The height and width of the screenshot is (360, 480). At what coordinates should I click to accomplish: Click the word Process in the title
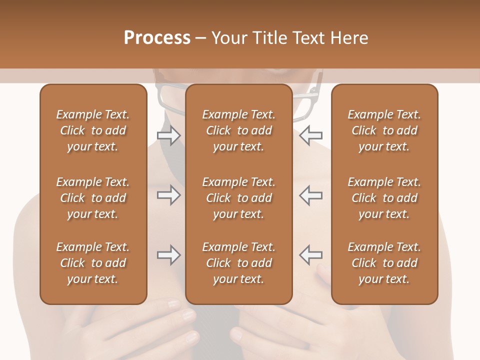point(157,37)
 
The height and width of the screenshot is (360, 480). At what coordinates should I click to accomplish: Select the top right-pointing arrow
point(168,135)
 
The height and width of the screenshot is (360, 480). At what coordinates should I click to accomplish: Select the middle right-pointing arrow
point(168,195)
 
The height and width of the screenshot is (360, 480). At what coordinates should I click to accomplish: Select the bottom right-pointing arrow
point(168,255)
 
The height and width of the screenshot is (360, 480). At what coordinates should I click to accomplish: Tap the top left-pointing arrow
point(311,135)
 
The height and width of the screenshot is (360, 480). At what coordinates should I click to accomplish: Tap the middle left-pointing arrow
point(311,195)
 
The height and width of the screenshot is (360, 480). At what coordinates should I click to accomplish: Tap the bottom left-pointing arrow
point(311,255)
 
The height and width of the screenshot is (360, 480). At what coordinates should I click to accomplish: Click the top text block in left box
point(93,130)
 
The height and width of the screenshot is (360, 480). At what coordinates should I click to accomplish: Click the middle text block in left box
point(93,198)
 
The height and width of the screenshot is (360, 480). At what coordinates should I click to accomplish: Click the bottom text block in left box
point(93,263)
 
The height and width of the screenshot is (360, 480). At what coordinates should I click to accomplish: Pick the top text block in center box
point(238,130)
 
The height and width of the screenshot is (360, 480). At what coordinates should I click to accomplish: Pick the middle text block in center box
point(238,198)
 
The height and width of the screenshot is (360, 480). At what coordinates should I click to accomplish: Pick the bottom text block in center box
point(238,263)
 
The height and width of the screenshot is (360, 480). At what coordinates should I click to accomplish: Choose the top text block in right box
point(384,130)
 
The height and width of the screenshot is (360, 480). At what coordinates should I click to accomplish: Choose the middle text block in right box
point(384,198)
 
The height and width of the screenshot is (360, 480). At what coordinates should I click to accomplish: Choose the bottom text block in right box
point(384,263)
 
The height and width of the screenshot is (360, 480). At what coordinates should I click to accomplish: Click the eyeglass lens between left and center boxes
point(170,97)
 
